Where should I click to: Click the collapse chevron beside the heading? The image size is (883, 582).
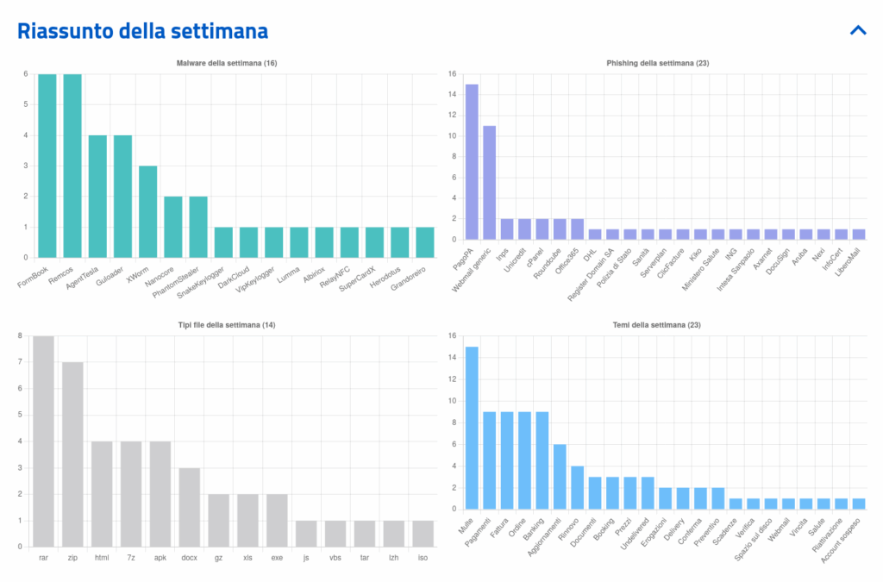coord(857,30)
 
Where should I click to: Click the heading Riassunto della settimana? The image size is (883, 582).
coord(143,31)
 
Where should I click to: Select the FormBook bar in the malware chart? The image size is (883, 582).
coord(47,166)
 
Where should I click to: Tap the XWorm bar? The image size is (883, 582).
coord(147,211)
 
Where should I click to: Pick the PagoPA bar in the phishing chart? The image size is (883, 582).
coord(472,162)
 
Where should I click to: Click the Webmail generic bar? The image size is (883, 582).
coord(489,183)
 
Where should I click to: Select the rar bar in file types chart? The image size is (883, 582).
coord(43,441)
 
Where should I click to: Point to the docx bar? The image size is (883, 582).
coord(190,507)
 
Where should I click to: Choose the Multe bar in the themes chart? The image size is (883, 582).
coord(472,428)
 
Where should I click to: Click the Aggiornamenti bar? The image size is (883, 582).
coord(560,476)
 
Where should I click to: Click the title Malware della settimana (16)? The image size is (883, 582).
coord(227,64)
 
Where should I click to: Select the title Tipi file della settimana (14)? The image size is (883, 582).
coord(227,325)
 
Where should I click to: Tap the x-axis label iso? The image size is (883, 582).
coord(423,558)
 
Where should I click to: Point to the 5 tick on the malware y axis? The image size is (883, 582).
coord(26,104)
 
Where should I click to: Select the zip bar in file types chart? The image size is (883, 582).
coord(72,454)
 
